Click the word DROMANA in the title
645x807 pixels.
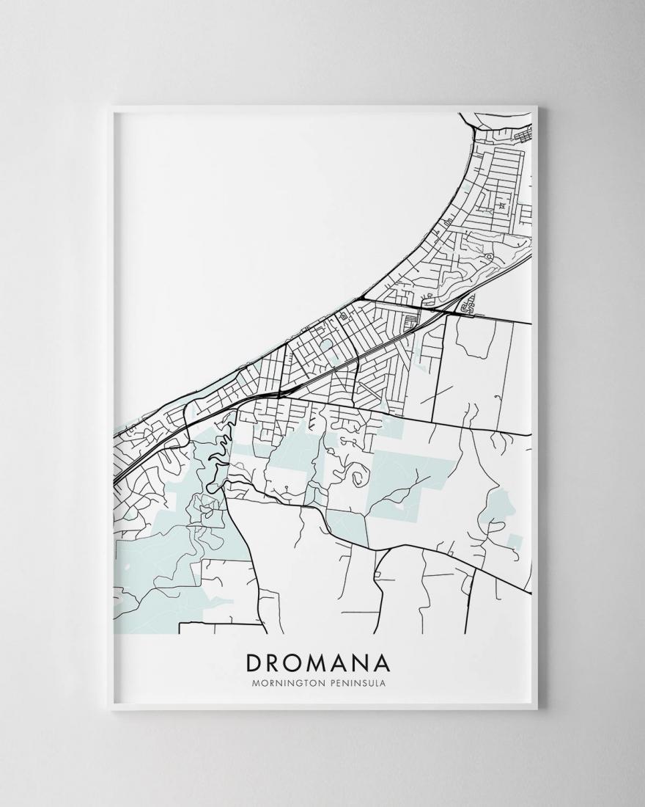pos(319,662)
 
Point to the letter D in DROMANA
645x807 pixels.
pos(254,662)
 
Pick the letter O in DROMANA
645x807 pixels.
pos(295,662)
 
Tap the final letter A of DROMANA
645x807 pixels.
pos(383,662)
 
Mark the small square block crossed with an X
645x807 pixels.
pos(502,206)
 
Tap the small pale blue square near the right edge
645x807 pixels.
pos(515,542)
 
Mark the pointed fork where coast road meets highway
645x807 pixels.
pos(361,299)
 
